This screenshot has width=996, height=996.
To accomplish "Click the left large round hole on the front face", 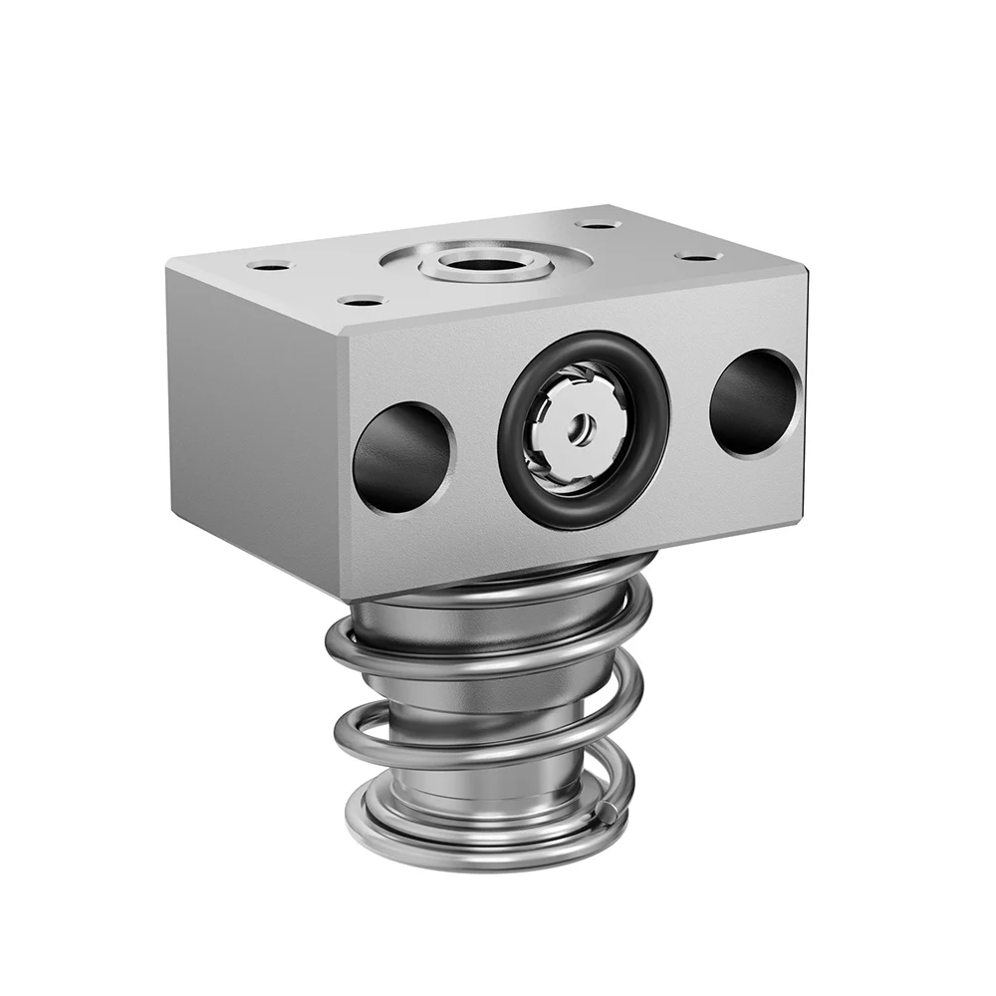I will coord(402,457).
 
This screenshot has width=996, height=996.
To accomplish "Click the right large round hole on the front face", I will coord(754,402).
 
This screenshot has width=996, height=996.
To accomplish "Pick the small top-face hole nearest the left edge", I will coord(269,265).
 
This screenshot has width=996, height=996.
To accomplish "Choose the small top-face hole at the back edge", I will coord(599,224).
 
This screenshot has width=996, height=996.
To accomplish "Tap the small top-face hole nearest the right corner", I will coord(698,257).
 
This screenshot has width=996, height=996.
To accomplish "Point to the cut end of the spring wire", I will coord(607,817).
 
